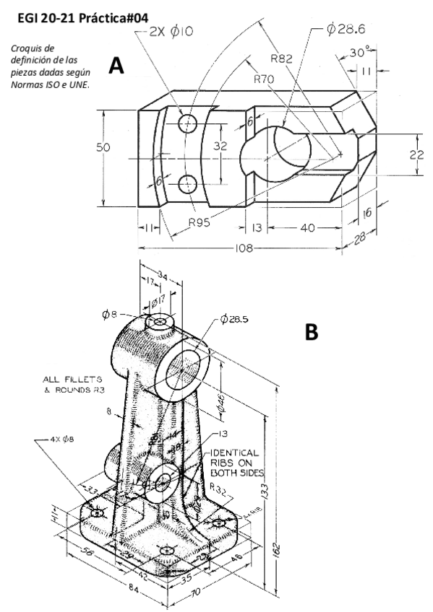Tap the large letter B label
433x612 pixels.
coord(312,331)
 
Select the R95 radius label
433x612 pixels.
coord(200,222)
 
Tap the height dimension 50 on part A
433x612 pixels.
coord(105,147)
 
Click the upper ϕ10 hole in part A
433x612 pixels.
coord(188,124)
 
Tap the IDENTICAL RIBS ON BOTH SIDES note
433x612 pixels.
coord(237,463)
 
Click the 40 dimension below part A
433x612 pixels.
coord(306,228)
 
